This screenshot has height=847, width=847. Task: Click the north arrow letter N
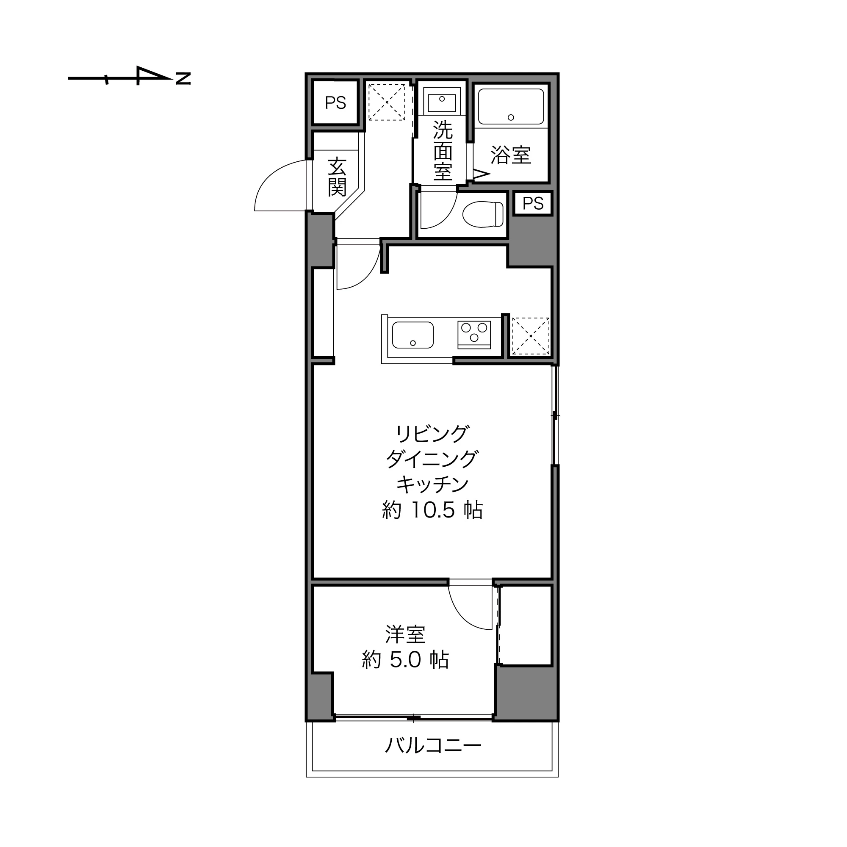[183, 78]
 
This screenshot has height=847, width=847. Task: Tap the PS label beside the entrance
[335, 103]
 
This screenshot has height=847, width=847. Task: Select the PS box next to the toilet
[533, 203]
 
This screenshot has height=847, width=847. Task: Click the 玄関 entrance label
[337, 177]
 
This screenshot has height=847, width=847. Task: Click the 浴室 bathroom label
[511, 155]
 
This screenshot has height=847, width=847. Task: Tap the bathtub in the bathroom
[511, 107]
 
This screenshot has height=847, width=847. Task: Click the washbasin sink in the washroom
[442, 101]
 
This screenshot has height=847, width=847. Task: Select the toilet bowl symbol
[482, 214]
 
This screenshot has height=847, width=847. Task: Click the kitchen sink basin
[412, 335]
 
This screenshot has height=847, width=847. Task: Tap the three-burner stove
[474, 335]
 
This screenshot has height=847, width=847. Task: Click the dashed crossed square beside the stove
[531, 336]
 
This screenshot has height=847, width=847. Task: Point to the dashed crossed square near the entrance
[386, 102]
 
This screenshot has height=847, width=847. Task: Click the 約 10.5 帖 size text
[432, 510]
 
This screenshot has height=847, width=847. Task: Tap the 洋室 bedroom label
[406, 634]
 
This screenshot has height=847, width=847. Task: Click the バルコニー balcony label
[432, 745]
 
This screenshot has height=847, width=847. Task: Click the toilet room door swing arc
[445, 216]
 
